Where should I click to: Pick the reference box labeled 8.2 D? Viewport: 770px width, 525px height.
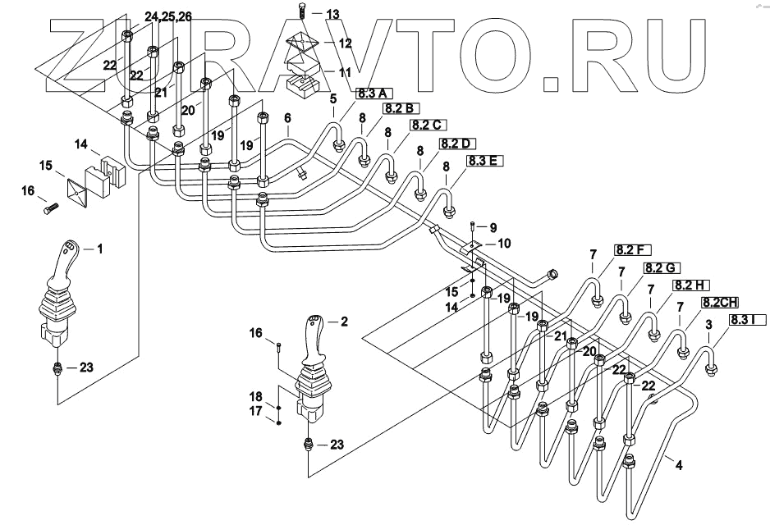click(456, 144)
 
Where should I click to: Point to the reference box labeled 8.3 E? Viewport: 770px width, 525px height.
click(484, 161)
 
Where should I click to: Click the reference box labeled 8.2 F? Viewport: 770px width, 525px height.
click(630, 249)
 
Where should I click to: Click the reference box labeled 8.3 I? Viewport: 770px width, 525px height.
click(745, 320)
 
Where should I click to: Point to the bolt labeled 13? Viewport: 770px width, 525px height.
click(301, 13)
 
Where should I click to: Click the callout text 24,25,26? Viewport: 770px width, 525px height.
click(168, 16)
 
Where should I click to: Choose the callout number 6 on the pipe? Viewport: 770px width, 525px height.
click(287, 118)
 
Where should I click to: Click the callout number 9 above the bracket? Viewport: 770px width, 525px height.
click(493, 226)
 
